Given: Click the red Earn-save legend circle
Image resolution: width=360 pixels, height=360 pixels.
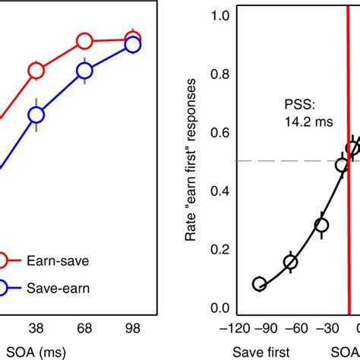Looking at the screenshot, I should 9,261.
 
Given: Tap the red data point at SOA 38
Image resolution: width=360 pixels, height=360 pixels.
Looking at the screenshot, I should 36,71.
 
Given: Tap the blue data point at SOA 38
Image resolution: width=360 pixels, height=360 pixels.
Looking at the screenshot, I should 36,115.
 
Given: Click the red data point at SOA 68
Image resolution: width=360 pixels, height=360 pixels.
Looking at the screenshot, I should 84,42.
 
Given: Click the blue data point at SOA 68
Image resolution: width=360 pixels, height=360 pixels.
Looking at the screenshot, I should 84,71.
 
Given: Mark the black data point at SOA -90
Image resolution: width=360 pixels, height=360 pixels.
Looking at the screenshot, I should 259,284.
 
